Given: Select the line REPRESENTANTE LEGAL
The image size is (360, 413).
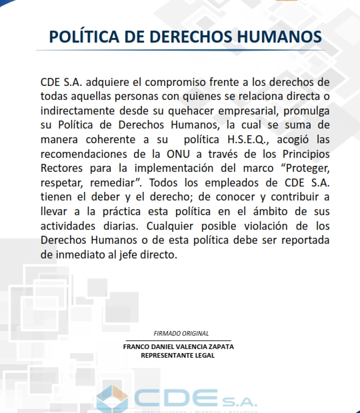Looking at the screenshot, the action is point(177,356).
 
